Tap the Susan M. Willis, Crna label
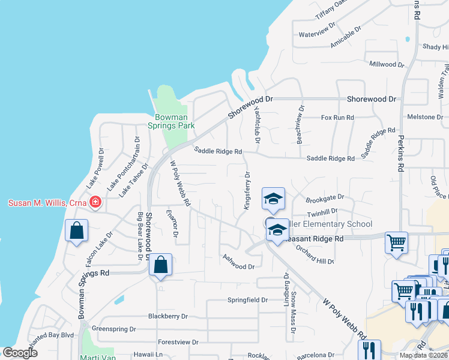[43, 202]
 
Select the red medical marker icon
[94, 202]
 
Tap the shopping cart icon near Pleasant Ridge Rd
[396, 243]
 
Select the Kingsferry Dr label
[247, 190]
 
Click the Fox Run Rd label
[337, 118]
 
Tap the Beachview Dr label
[298, 125]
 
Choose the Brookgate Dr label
[325, 197]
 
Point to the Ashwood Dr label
[238, 262]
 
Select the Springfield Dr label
[247, 299]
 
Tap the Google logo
[20, 353]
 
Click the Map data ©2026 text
[423, 355]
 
